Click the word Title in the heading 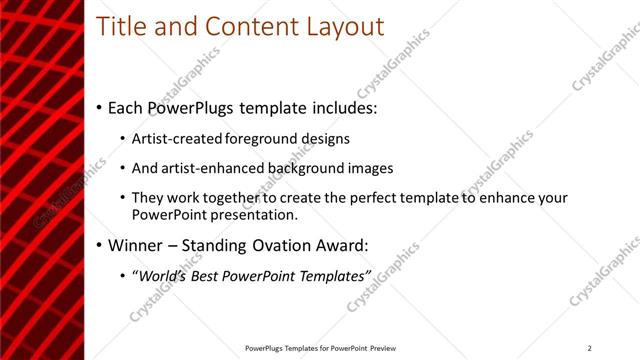coord(119,27)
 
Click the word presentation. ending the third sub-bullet coord(255,214)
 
